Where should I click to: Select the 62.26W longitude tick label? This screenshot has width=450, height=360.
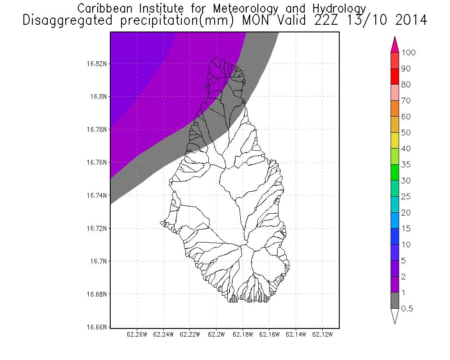(x=137, y=335)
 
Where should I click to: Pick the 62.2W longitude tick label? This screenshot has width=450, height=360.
(x=216, y=335)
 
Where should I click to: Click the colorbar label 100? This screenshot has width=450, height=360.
(x=408, y=53)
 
